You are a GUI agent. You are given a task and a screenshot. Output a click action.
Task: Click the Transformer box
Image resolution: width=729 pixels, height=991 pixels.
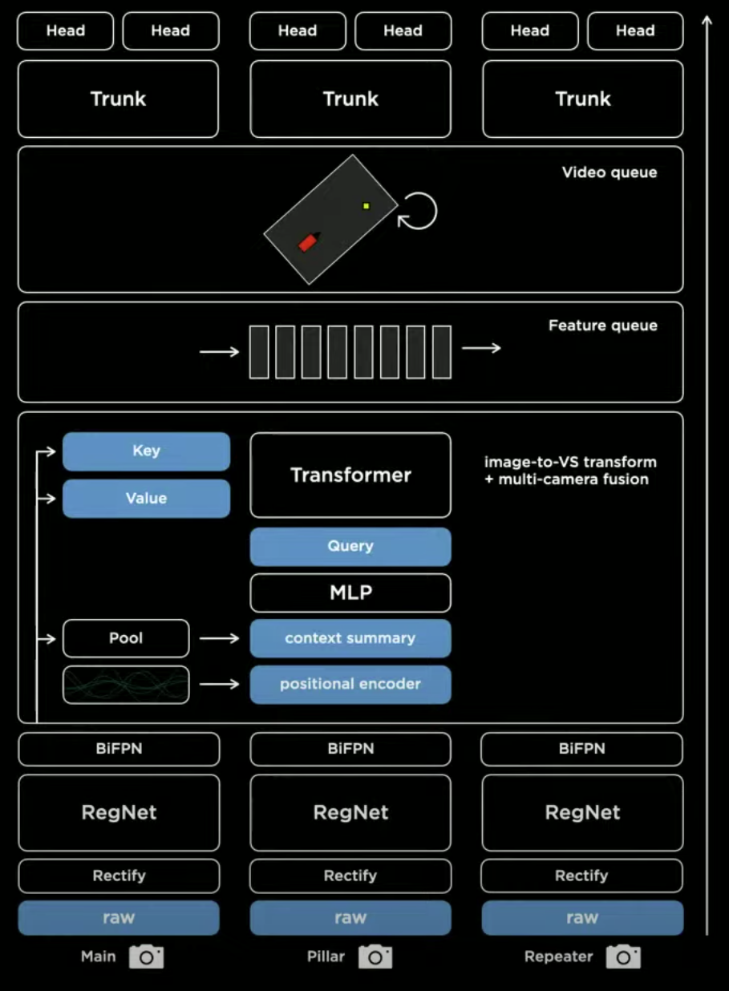click(x=350, y=475)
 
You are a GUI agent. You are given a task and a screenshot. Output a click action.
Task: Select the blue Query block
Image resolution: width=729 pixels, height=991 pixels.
click(x=350, y=546)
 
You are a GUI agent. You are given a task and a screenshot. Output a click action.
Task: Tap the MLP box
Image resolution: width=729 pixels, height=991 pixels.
click(x=350, y=593)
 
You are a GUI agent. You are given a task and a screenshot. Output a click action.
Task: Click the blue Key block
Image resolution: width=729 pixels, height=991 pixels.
click(x=146, y=451)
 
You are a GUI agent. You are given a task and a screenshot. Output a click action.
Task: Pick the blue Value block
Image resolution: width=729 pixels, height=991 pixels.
click(x=146, y=498)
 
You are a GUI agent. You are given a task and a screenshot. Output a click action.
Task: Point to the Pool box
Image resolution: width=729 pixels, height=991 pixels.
click(x=126, y=638)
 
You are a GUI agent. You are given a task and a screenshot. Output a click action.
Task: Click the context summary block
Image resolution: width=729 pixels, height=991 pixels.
click(x=350, y=638)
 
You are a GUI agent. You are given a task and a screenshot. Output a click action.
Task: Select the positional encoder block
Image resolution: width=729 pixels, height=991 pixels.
click(x=350, y=684)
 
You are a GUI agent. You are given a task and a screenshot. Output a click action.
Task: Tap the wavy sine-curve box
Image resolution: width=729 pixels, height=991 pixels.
click(x=126, y=685)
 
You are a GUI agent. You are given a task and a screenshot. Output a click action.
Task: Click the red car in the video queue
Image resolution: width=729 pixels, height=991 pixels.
click(x=307, y=241)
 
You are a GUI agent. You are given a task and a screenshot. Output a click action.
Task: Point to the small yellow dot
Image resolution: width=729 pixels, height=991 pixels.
click(x=366, y=206)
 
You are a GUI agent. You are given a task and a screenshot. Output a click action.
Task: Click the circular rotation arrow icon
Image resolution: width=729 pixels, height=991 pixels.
click(x=418, y=211)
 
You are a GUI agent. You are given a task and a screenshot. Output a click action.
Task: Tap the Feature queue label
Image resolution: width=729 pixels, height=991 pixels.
click(x=602, y=326)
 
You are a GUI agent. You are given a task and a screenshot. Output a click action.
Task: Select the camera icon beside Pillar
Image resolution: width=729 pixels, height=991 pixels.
click(x=375, y=957)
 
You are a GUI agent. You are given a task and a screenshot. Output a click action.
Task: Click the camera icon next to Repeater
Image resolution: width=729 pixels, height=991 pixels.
click(x=623, y=957)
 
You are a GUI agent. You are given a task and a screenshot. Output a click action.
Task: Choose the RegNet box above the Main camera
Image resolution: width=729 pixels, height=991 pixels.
click(x=119, y=812)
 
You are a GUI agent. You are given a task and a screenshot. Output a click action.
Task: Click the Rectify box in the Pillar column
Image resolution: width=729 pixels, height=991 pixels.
click(x=350, y=876)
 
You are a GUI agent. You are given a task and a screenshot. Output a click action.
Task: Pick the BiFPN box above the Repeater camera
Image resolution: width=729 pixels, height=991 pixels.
click(x=581, y=749)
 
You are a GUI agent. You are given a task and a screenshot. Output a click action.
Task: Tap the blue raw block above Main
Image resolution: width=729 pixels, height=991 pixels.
click(x=119, y=917)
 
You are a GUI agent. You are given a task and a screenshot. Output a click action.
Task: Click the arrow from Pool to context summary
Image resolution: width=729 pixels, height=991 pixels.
click(x=219, y=638)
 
